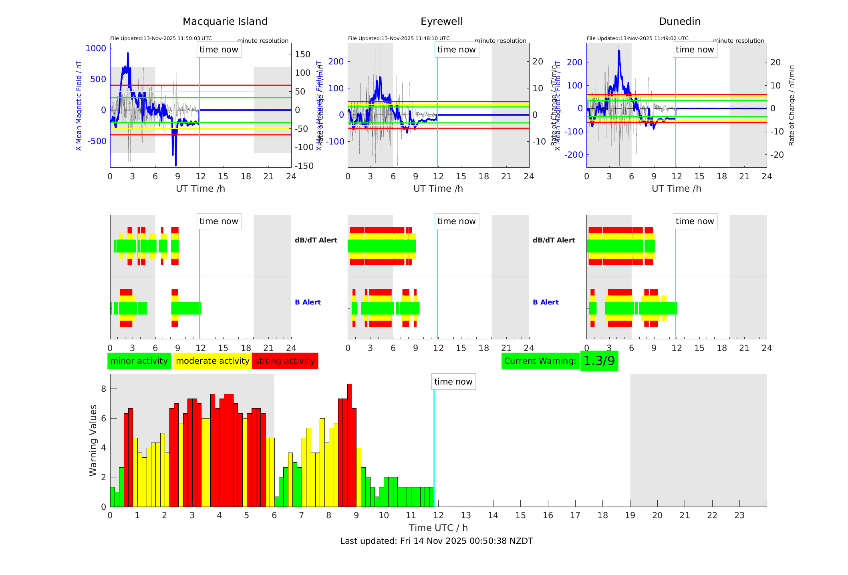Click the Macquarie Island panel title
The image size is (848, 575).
pos(225,22)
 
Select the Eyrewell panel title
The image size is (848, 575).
pos(441,22)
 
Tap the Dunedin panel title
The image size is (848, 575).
pos(679,22)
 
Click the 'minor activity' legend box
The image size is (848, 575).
pos(139,361)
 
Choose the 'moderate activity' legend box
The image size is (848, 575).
pos(212,361)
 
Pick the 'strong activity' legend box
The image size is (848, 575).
pos(285,361)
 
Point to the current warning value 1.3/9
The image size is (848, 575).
pos(599,361)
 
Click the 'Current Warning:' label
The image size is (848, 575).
pos(540,361)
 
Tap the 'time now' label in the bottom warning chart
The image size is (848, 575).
pos(453,382)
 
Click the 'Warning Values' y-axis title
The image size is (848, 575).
pos(93,440)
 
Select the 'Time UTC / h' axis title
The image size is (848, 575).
pos(438,528)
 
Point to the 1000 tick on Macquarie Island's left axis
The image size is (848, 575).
pos(96,48)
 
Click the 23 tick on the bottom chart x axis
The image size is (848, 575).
pos(739,515)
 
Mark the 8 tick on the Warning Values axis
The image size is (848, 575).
pos(103,389)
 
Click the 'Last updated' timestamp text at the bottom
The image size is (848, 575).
pos(436,541)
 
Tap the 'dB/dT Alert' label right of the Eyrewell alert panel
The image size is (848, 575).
pos(554,240)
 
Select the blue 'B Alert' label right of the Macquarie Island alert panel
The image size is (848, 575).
pos(308,302)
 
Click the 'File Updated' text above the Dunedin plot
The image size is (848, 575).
pos(637,38)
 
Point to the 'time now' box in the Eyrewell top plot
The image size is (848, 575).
pos(456,50)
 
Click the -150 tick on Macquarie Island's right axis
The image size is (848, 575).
pos(304,166)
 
